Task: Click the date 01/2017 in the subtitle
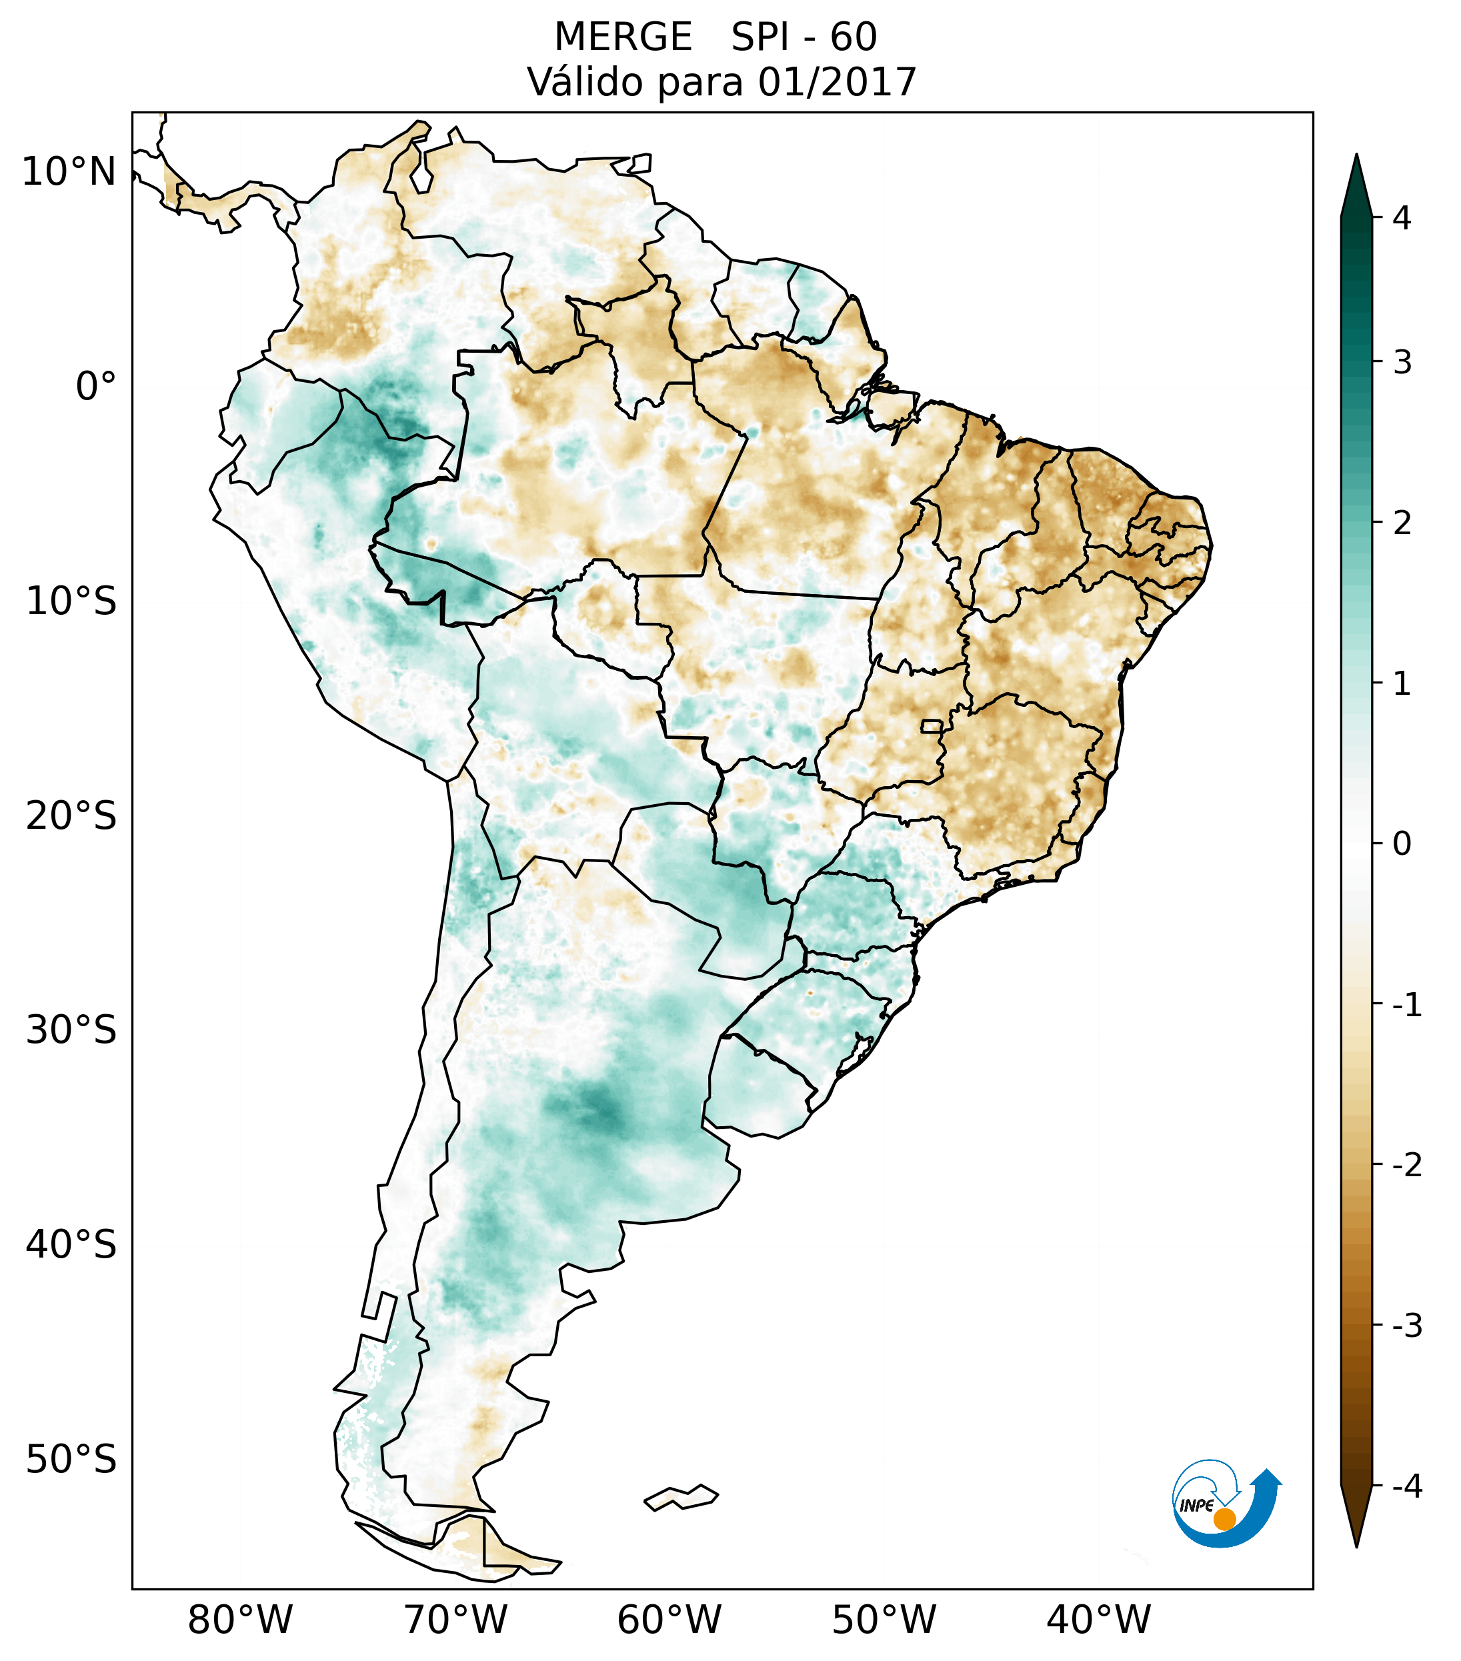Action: [x=837, y=82]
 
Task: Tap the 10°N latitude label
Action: [x=69, y=172]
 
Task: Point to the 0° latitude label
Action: [x=96, y=387]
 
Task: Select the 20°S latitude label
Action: [x=71, y=816]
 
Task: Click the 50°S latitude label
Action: [x=71, y=1460]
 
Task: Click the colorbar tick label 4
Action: [x=1402, y=218]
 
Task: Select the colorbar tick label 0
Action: [x=1402, y=844]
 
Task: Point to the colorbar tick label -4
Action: [x=1406, y=1486]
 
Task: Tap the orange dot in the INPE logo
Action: [x=1224, y=1519]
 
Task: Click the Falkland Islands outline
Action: [x=681, y=1497]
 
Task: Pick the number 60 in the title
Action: [x=854, y=37]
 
